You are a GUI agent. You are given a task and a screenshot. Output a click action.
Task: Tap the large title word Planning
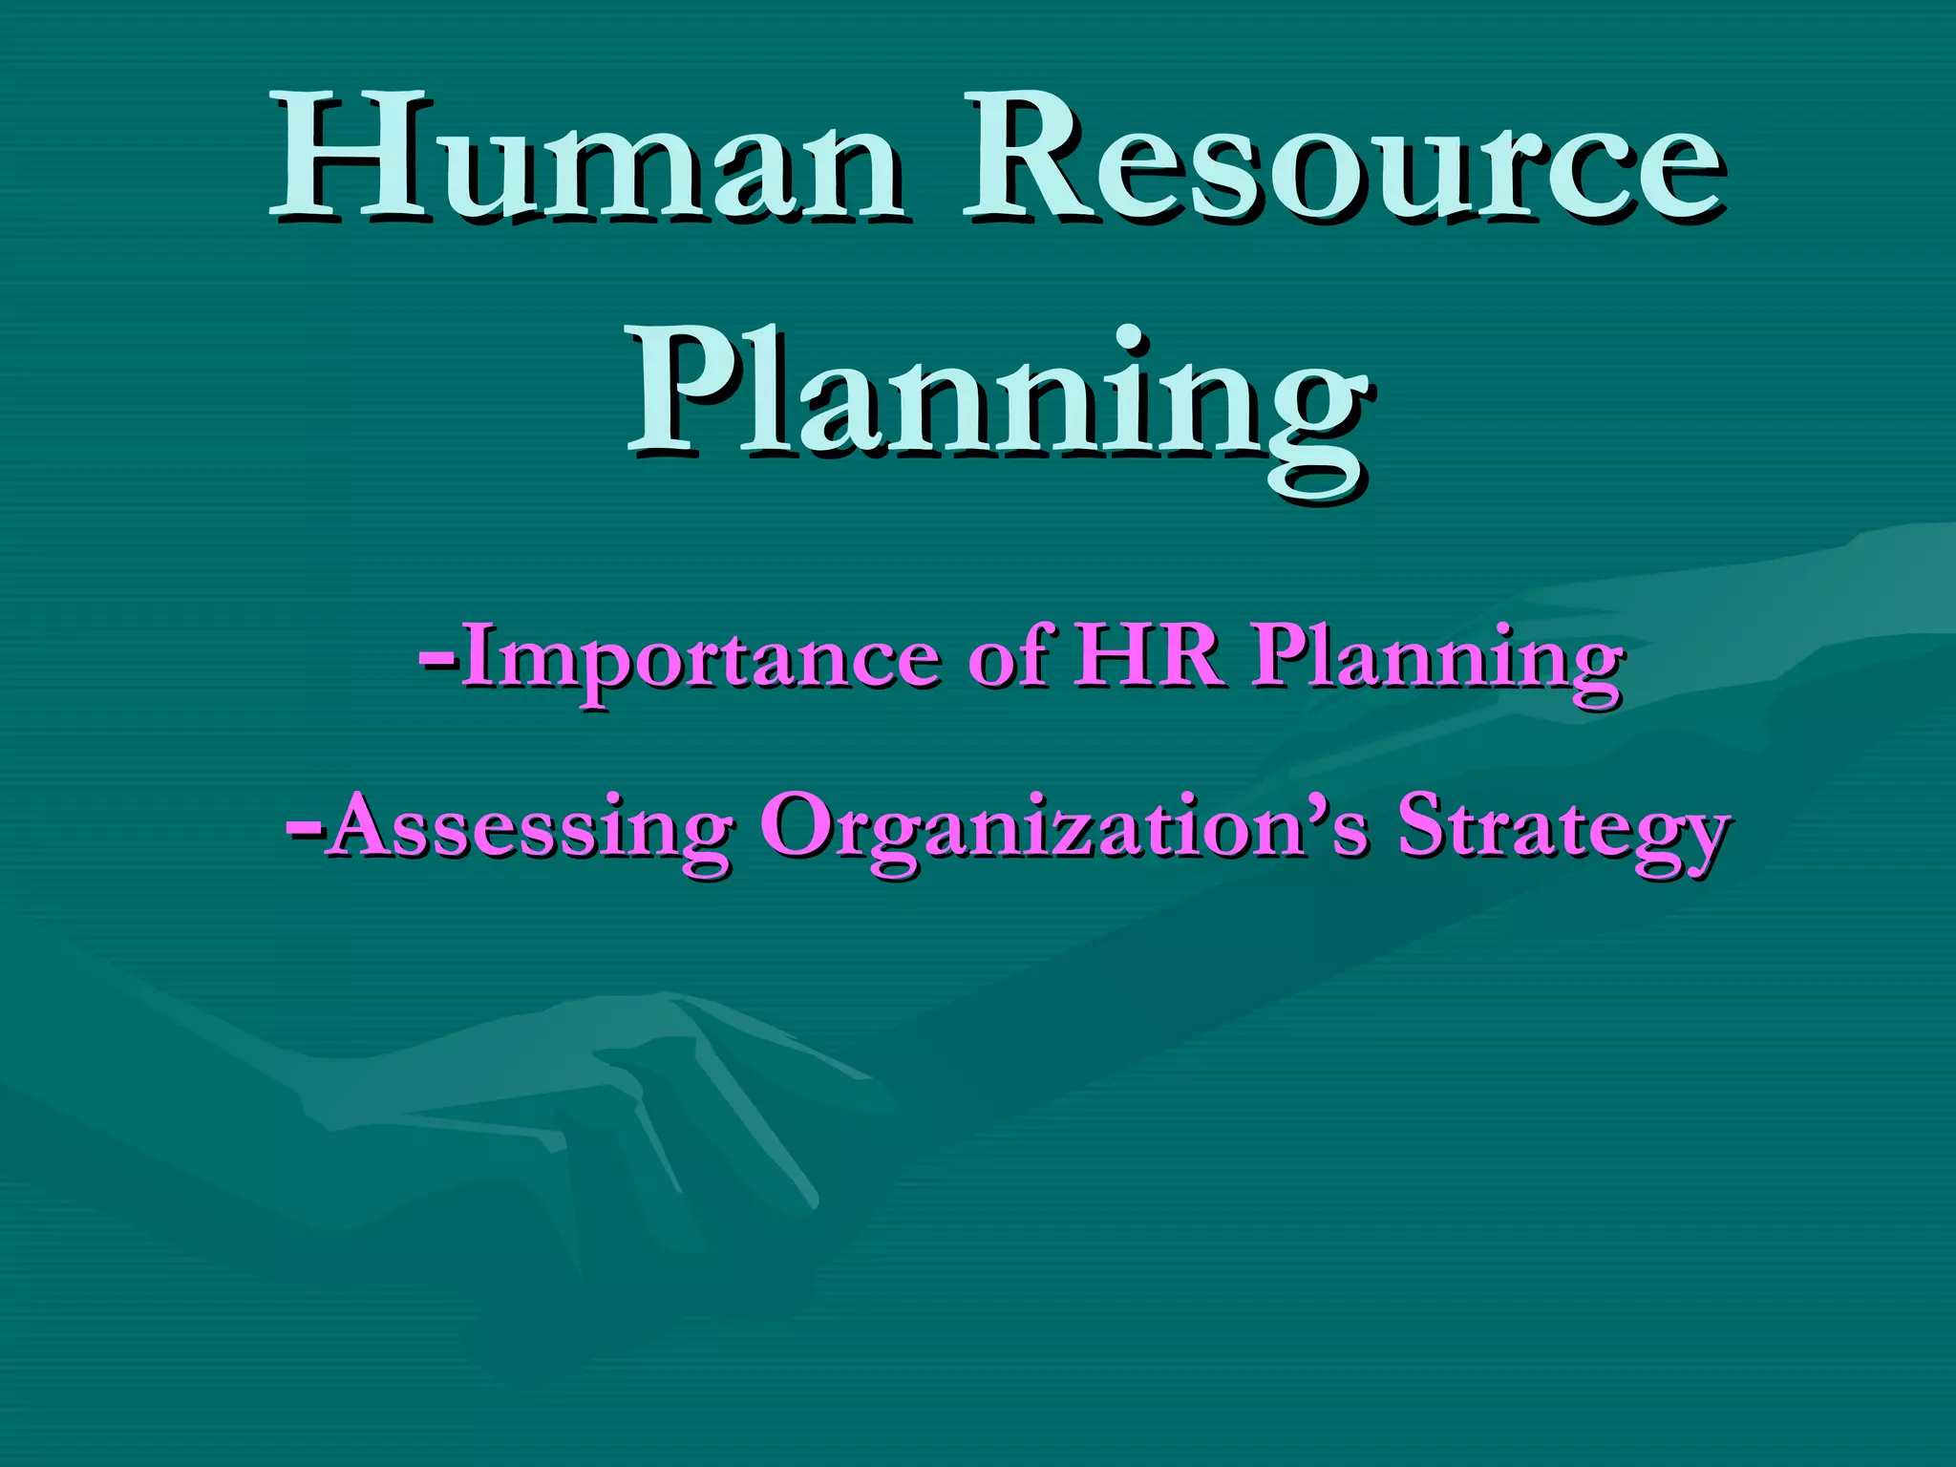[998, 396]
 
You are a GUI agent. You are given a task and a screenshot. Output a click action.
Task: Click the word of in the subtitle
[1011, 657]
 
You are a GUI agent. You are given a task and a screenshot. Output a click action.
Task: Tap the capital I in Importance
[481, 655]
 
